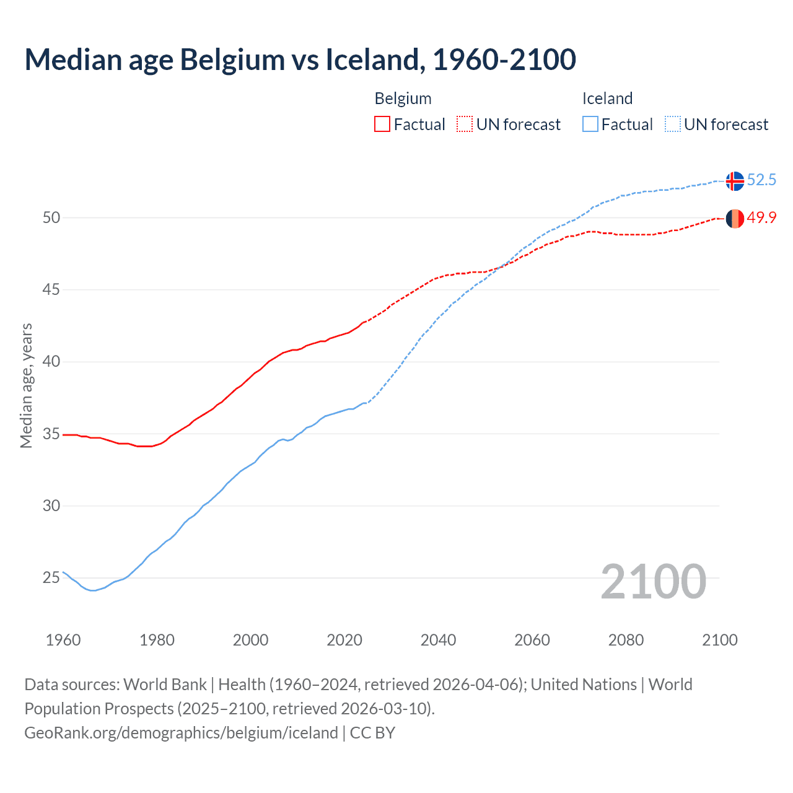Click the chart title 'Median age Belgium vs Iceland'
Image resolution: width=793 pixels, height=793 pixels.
[x=300, y=59]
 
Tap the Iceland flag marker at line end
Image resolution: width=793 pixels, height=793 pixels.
[x=734, y=180]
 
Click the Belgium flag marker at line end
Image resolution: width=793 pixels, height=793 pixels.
[x=734, y=218]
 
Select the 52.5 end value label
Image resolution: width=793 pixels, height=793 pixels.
[x=761, y=180]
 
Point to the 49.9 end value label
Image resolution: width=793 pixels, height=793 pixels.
[x=761, y=218]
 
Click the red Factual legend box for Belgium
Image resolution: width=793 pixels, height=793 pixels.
[x=382, y=125]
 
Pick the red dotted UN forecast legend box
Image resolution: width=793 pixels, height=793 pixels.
[x=465, y=125]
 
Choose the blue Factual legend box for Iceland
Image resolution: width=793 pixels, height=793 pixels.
[x=590, y=125]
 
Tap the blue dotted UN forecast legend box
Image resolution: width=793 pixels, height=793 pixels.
[x=673, y=125]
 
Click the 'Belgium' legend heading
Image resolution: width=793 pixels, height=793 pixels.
[x=403, y=99]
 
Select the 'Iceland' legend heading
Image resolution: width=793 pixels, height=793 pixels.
[x=607, y=99]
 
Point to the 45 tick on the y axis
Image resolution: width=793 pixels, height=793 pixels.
[x=51, y=290]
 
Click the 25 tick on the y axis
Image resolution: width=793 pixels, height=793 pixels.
[x=51, y=578]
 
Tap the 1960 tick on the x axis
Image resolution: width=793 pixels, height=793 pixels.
[x=63, y=640]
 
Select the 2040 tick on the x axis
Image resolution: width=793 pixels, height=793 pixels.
[x=438, y=640]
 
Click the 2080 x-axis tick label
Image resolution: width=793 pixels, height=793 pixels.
[x=626, y=640]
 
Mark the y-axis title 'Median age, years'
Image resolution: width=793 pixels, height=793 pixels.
[x=26, y=385]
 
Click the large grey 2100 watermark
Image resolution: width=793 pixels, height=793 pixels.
[x=653, y=581]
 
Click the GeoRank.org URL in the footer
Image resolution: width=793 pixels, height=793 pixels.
[x=181, y=733]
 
